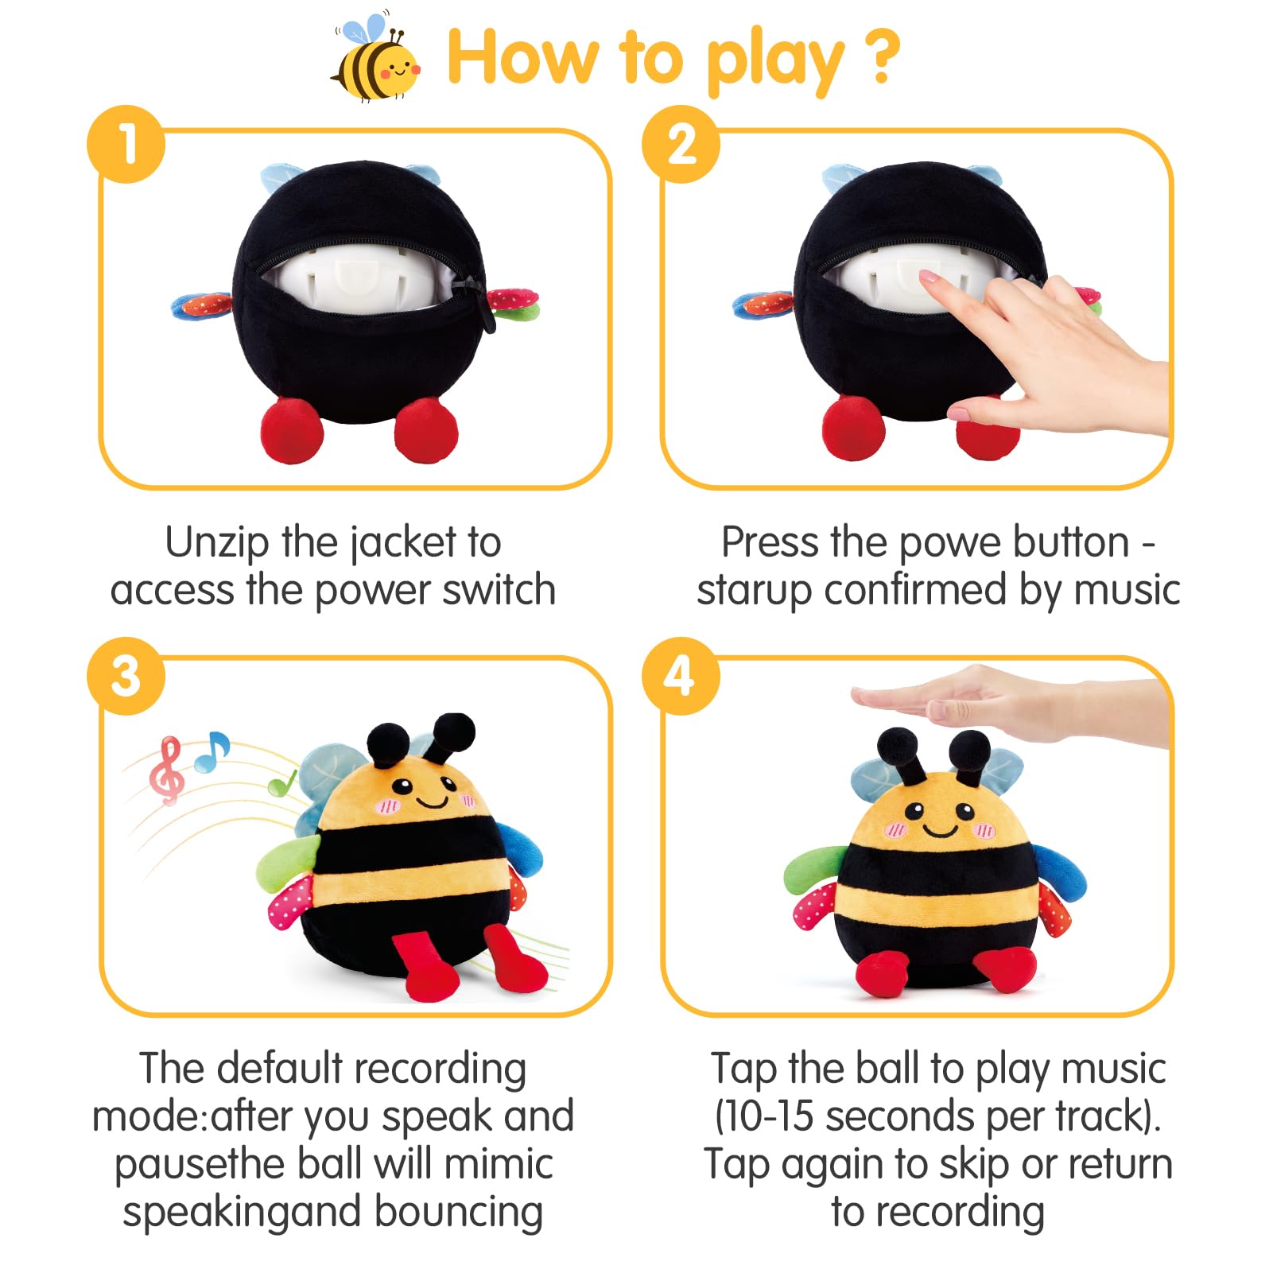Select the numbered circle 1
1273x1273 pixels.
(126, 145)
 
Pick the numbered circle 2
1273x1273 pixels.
(681, 145)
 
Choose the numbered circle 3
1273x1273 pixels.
(126, 676)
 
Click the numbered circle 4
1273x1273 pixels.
(681, 676)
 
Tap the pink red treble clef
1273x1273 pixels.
(167, 770)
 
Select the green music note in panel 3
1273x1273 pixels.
(282, 782)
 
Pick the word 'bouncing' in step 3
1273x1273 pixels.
(459, 1213)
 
